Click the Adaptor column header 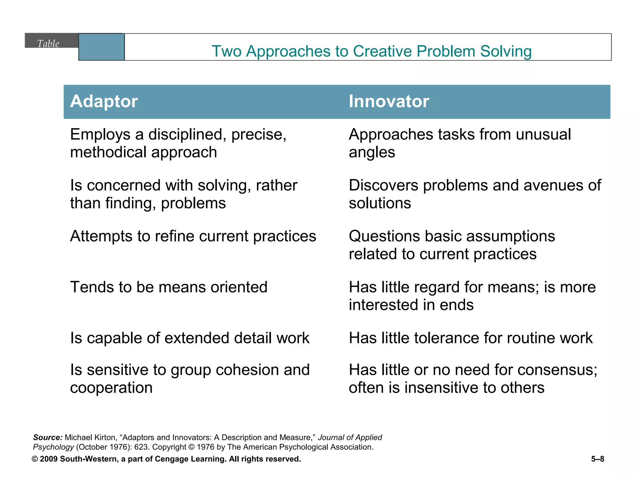point(104,102)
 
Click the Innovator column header point(389,102)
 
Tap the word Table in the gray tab point(48,43)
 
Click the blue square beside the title point(101,47)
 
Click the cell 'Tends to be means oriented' point(169,287)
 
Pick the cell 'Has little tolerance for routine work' point(471,338)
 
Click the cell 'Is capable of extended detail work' point(190,338)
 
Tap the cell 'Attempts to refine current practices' point(193,236)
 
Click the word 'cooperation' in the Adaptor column point(111,388)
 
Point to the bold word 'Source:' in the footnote point(48,438)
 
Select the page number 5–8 point(597,459)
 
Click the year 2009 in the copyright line point(49,459)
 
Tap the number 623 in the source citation point(142,447)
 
